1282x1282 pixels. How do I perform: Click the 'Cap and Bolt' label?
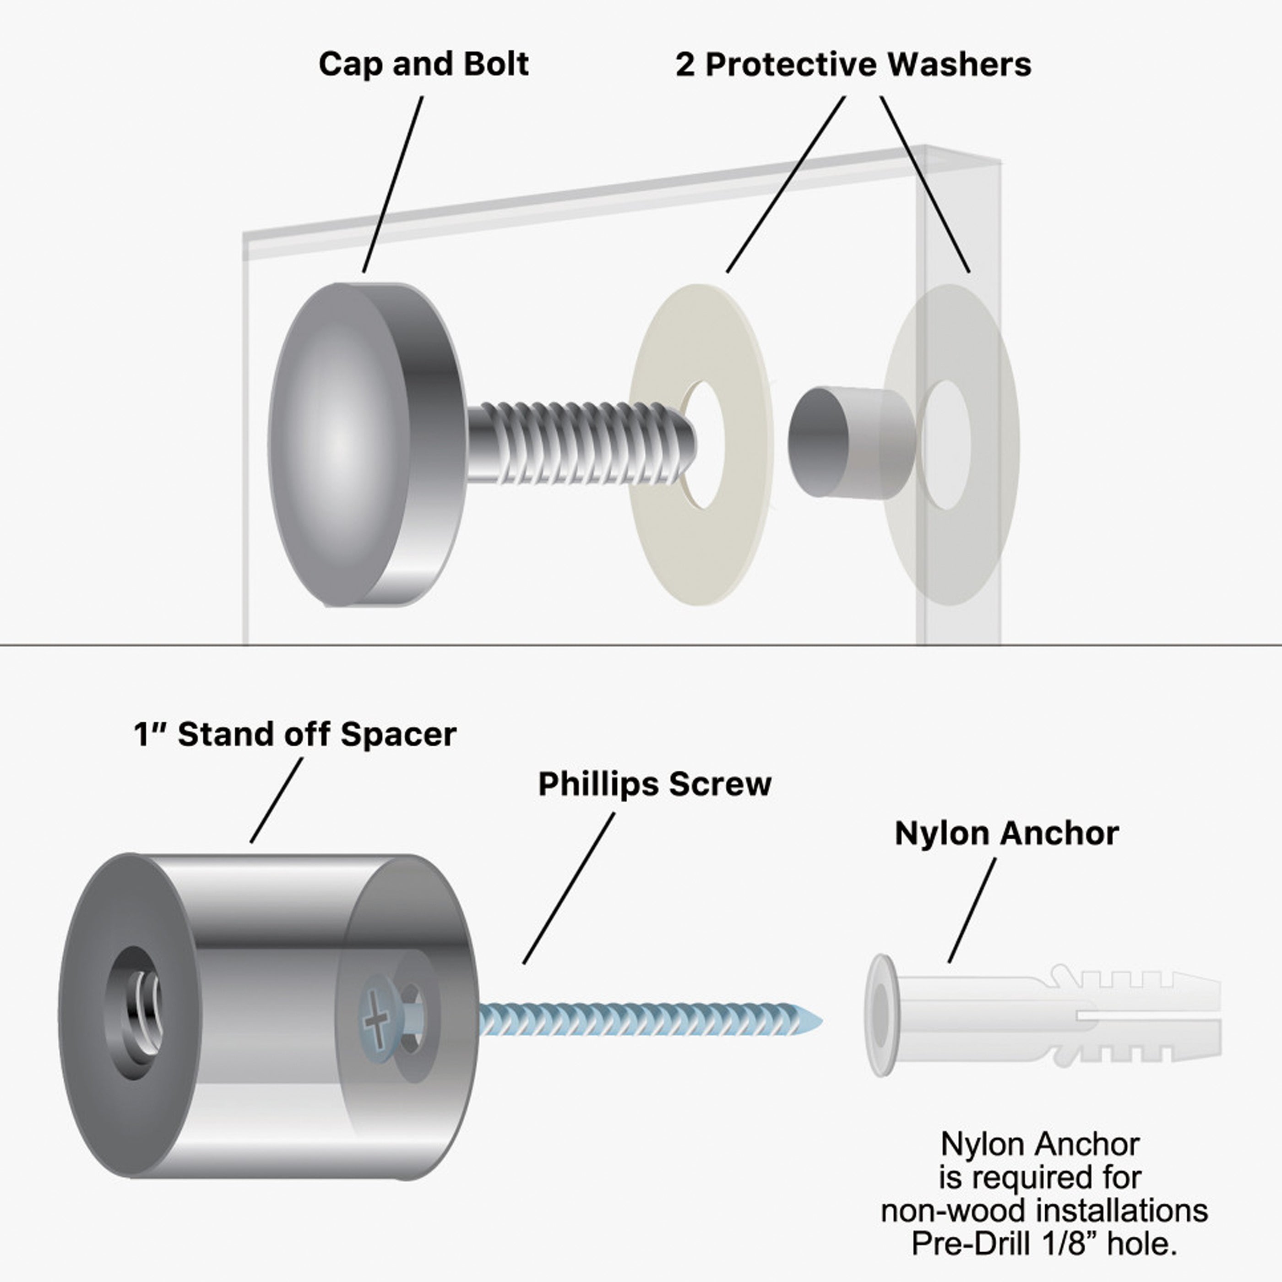point(424,65)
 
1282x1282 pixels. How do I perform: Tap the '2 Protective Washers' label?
point(853,65)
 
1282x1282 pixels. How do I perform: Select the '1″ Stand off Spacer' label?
point(294,734)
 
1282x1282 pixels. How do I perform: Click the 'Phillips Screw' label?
point(654,784)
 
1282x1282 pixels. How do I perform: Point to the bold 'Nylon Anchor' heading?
point(1007,833)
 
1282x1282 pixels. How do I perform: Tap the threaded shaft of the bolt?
point(577,443)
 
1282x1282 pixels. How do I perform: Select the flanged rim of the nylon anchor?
point(879,1015)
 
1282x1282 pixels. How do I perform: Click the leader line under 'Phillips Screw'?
point(569,888)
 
